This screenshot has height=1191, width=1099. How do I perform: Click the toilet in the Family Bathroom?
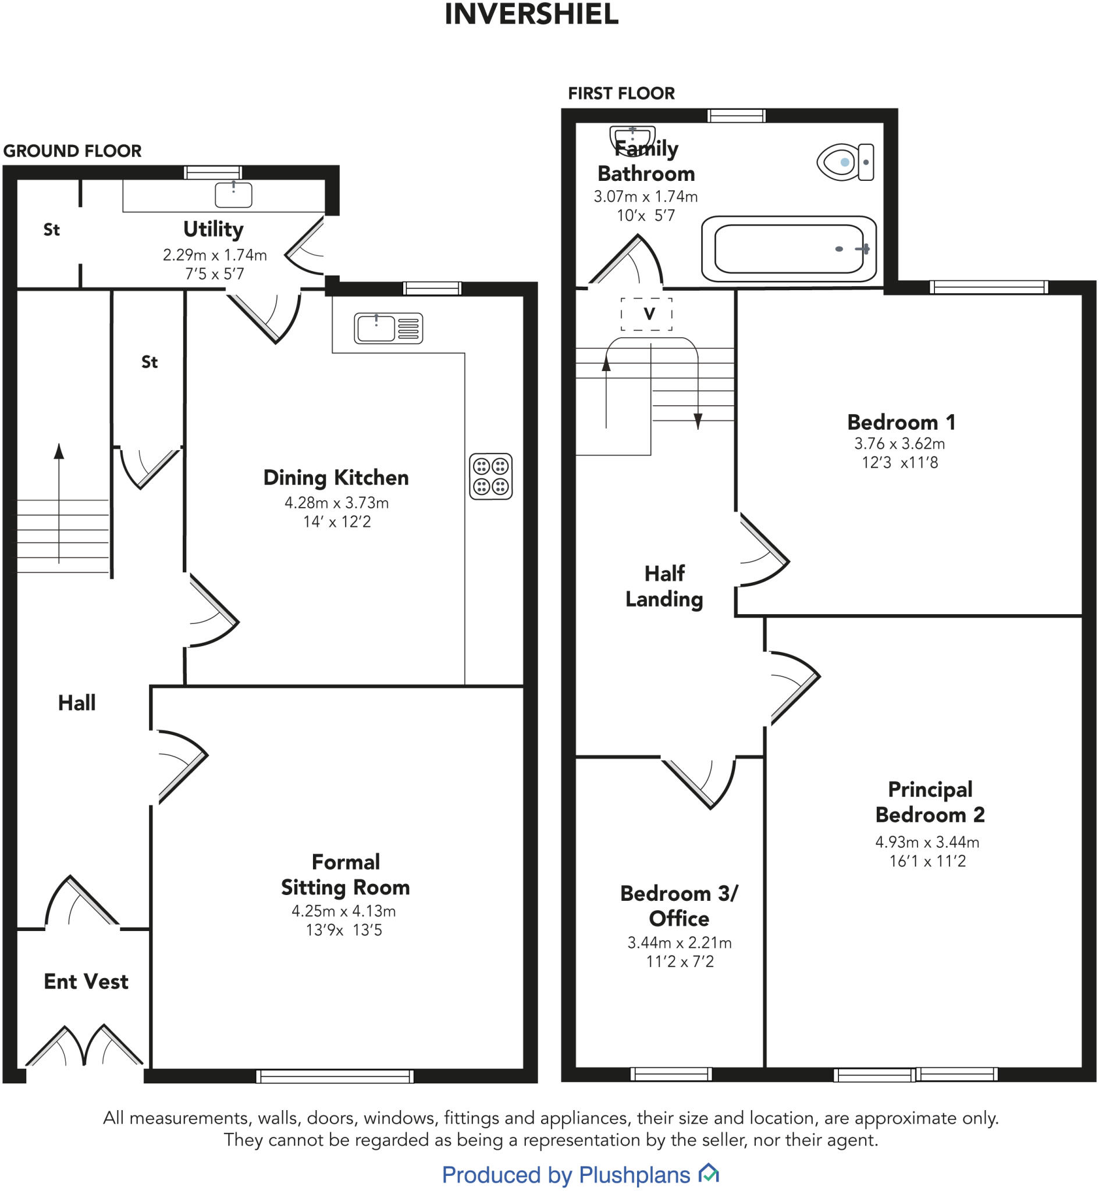[x=845, y=162]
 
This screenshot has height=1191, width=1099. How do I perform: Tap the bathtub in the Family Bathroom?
[x=789, y=249]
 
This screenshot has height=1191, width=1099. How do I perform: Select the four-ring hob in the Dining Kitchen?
[x=490, y=477]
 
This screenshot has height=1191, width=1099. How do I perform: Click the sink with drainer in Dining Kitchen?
[x=388, y=328]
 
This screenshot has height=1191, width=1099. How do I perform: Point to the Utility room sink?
[x=233, y=194]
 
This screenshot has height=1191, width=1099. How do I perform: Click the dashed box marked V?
[x=646, y=314]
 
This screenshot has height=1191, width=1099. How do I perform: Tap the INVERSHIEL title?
[x=532, y=15]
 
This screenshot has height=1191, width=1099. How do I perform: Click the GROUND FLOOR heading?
[x=73, y=151]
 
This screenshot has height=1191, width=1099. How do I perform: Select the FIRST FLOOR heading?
[x=621, y=93]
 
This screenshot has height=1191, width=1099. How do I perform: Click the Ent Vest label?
[x=86, y=982]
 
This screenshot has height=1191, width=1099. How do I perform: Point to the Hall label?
[x=77, y=703]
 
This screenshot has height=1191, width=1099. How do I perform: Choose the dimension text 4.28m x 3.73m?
[x=337, y=503]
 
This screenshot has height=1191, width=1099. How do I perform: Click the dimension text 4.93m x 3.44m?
[x=927, y=842]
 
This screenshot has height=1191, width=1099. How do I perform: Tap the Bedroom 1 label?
[x=901, y=423]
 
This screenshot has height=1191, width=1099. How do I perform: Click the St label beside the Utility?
[x=51, y=230]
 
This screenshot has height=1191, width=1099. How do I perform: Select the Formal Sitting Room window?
[x=335, y=1076]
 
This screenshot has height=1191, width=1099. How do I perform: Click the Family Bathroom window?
[x=735, y=115]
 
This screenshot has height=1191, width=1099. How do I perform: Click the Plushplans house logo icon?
[x=708, y=1173]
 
